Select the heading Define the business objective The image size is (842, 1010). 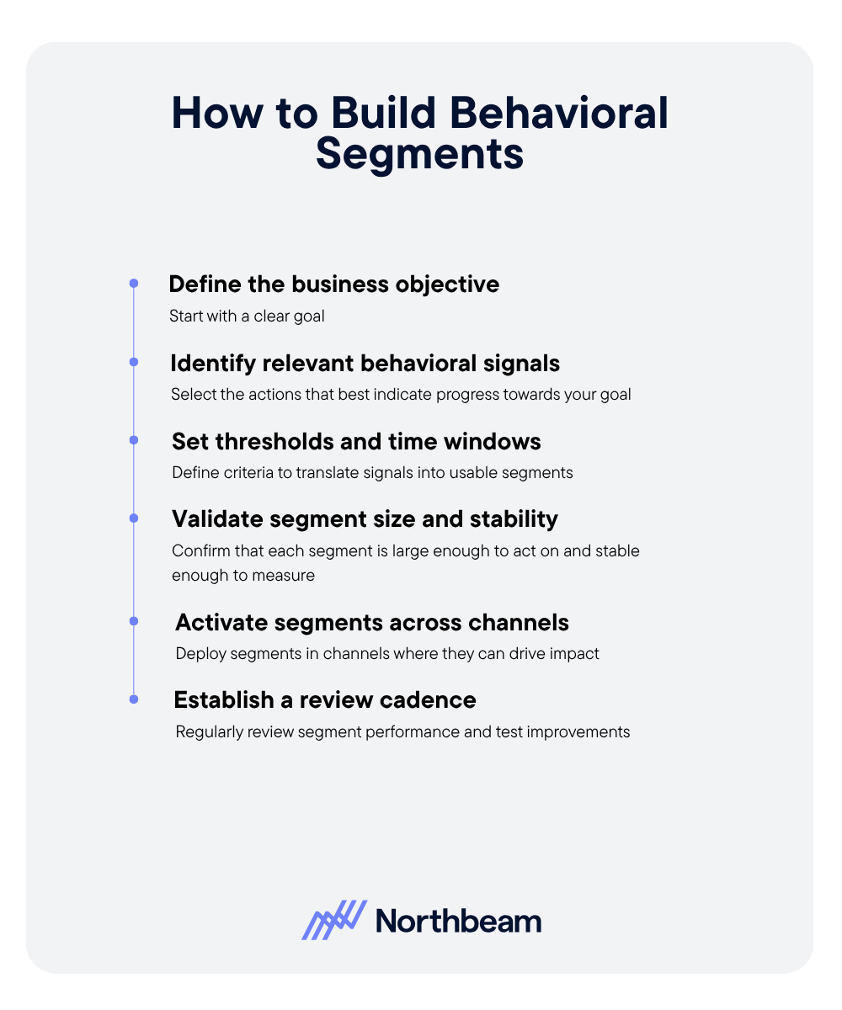point(333,284)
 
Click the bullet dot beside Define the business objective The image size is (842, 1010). point(133,284)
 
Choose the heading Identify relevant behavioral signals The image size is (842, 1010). point(365,363)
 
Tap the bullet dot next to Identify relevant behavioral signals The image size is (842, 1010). point(133,362)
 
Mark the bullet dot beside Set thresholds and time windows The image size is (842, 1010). point(133,440)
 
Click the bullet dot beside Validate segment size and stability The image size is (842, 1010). point(133,518)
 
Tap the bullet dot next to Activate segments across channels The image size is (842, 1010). point(133,621)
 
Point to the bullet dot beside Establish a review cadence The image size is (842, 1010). point(133,699)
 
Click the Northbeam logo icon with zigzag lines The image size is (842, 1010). point(333,920)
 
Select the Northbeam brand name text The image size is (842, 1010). point(458,921)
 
